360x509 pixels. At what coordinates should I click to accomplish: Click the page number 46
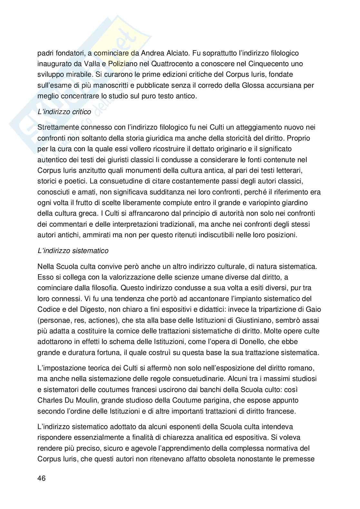click(x=42, y=478)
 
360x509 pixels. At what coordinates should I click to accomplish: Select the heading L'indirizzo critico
click(x=64, y=112)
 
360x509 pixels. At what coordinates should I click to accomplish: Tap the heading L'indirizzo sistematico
click(x=73, y=250)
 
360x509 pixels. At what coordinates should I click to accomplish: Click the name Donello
click(x=239, y=341)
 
